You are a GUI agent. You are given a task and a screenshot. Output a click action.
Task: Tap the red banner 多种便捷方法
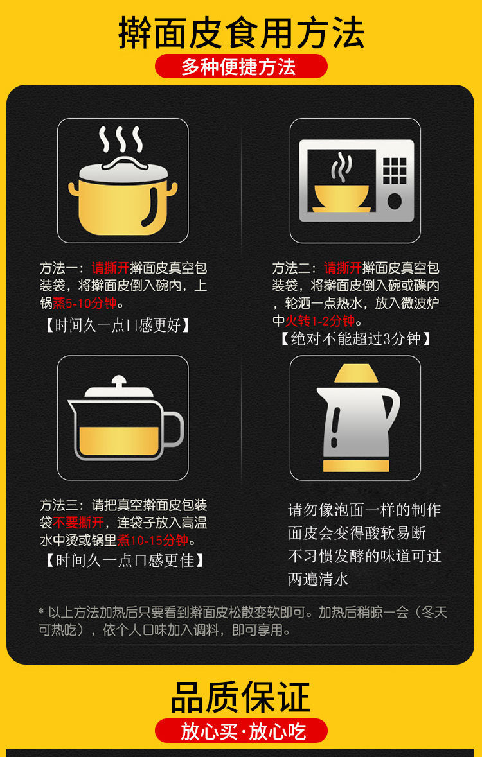241,67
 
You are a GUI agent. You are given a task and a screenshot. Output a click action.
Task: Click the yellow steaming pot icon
123,180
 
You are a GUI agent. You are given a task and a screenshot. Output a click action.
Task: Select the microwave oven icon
357,180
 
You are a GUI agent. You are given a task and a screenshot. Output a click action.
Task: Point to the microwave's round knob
395,202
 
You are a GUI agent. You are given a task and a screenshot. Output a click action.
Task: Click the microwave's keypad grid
395,170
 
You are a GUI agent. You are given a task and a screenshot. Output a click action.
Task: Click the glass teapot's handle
172,429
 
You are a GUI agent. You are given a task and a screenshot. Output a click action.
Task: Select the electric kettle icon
357,418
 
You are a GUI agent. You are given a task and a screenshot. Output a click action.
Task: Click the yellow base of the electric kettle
356,466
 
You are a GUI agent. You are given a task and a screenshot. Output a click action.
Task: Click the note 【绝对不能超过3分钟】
355,339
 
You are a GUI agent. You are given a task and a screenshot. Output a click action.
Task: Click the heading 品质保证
241,697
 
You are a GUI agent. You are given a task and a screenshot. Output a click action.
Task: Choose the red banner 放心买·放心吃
241,731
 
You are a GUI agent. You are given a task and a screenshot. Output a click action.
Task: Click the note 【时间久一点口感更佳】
123,561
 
